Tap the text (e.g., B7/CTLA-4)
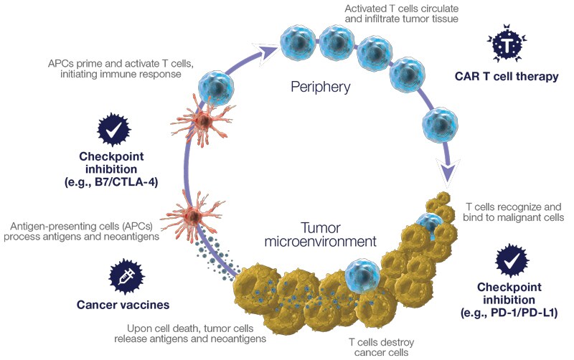pos(113,182)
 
